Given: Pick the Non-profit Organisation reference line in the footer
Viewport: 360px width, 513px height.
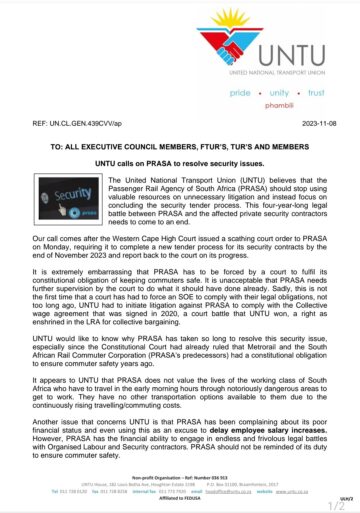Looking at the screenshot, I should click(x=180, y=484).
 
